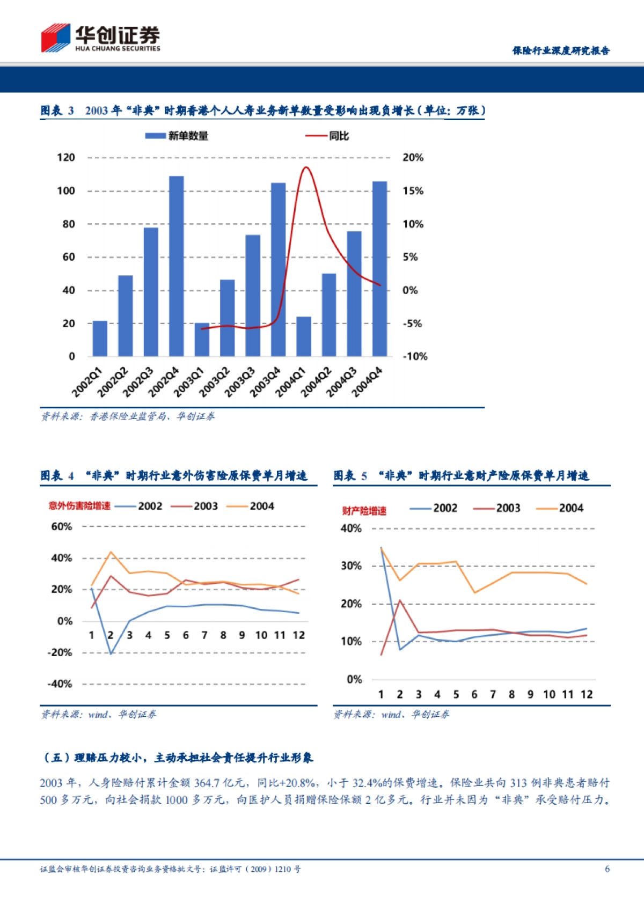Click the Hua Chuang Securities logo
pyautogui.click(x=100, y=38)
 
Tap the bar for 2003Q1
pyautogui.click(x=202, y=340)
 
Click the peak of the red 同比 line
pyautogui.click(x=305, y=167)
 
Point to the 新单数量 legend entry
pyautogui.click(x=177, y=136)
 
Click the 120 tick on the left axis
pyautogui.click(x=66, y=158)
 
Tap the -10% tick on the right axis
pyautogui.click(x=415, y=356)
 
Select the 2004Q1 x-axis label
pyautogui.click(x=290, y=382)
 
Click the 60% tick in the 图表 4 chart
pyautogui.click(x=62, y=527)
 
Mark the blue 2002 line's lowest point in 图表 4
pyautogui.click(x=111, y=653)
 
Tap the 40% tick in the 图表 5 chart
pyautogui.click(x=351, y=528)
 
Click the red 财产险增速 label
pyautogui.click(x=364, y=511)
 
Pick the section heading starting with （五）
pyautogui.click(x=177, y=758)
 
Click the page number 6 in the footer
pyautogui.click(x=607, y=869)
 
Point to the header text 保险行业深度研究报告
pyautogui.click(x=561, y=50)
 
